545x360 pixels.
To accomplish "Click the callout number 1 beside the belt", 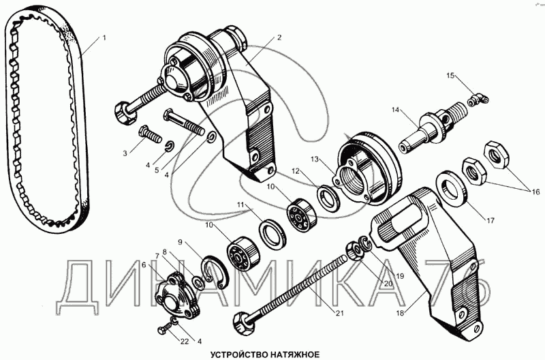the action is pyautogui.click(x=104, y=38).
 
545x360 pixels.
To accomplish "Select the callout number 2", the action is pyautogui.click(x=279, y=39).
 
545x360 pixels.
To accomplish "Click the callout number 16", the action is pyautogui.click(x=537, y=190).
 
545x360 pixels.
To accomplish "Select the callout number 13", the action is pyautogui.click(x=315, y=159).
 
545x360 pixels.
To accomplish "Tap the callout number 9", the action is pyautogui.click(x=181, y=242).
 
